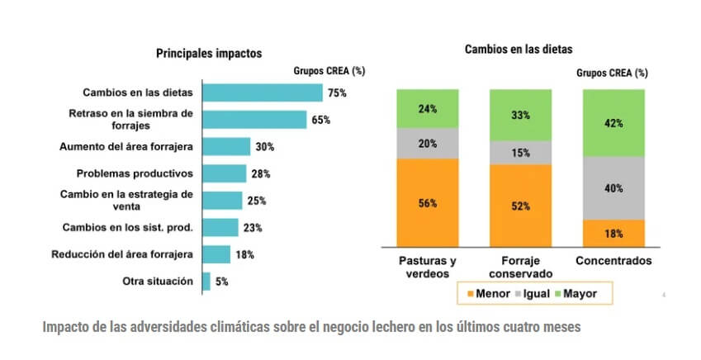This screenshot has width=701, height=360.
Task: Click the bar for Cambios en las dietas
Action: click(262, 92)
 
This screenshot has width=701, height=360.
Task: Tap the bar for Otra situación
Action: click(206, 282)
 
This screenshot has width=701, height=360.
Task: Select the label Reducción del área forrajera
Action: click(121, 254)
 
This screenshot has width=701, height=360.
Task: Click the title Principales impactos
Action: click(209, 53)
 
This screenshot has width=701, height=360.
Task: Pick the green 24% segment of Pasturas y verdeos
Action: click(428, 108)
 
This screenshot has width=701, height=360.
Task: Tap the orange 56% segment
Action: click(428, 202)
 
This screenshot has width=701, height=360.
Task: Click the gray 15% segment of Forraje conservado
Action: click(521, 153)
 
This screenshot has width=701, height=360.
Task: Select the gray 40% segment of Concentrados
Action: click(613, 188)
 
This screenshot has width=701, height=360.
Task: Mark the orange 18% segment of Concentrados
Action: click(613, 233)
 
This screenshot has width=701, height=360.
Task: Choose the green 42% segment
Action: click(613, 123)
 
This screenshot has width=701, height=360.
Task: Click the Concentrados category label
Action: click(613, 260)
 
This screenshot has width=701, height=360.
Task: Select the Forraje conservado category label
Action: click(521, 267)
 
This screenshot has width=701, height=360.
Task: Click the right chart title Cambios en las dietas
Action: click(519, 49)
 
